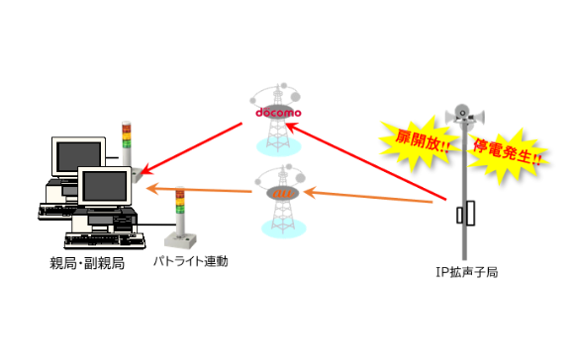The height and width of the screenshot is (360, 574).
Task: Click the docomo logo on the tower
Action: [278, 113]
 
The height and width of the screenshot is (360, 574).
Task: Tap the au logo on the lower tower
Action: [282, 193]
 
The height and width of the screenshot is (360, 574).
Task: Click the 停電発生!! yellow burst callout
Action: [508, 153]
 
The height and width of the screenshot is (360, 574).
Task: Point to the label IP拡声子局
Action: [467, 273]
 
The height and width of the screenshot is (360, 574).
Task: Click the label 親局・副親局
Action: [87, 263]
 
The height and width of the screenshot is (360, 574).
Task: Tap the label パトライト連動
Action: [190, 261]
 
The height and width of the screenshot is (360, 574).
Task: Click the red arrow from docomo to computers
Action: [191, 148]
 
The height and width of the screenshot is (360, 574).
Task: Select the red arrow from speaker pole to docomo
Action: [366, 162]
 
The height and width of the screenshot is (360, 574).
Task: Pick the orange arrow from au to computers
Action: [199, 190]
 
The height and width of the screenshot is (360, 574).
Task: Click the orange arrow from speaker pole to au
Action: [368, 196]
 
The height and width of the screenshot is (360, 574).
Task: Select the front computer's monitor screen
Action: [104, 186]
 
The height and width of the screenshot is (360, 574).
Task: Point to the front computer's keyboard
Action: [105, 240]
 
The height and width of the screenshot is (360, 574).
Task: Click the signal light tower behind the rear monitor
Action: [130, 150]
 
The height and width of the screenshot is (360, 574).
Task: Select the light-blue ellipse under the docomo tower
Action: [278, 146]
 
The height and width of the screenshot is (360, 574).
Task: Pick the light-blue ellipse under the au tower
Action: [284, 228]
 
